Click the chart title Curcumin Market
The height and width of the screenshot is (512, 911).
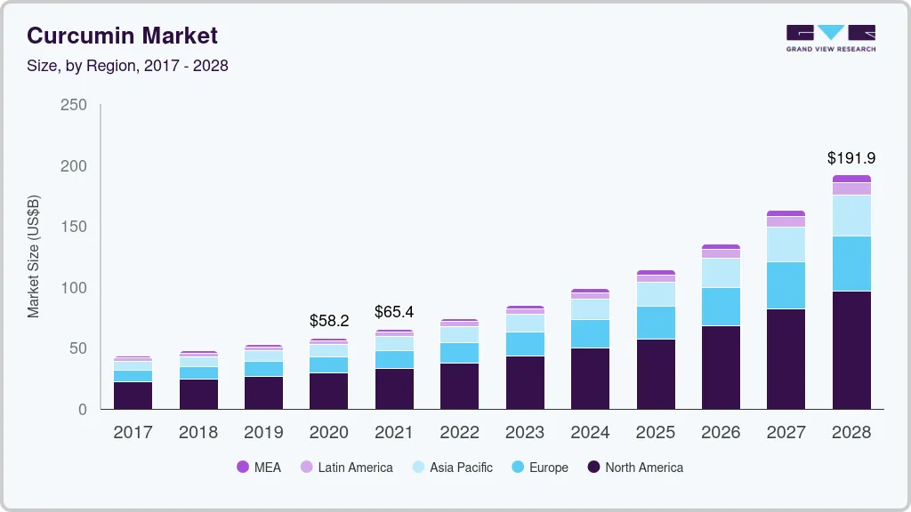click(122, 36)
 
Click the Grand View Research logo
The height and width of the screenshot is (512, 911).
click(830, 37)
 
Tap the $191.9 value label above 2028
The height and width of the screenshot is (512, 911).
click(851, 158)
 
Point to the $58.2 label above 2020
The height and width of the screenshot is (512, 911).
click(329, 320)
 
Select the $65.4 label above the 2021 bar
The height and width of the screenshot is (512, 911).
click(394, 312)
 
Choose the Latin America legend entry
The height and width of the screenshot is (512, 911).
click(346, 467)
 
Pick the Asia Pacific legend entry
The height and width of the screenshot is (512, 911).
click(451, 467)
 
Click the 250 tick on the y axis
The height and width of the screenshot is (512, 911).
click(74, 105)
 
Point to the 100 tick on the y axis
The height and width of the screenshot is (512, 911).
click(74, 288)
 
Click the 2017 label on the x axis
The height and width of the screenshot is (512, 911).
click(133, 433)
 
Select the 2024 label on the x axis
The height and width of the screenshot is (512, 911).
click(590, 433)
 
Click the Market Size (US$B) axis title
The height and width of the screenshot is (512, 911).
click(34, 257)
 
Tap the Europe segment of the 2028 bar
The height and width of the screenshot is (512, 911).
click(851, 263)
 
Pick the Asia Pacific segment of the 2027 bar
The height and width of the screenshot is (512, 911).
click(786, 244)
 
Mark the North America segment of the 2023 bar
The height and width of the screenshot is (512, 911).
click(525, 382)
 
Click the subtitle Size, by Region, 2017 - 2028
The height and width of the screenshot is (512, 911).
click(127, 66)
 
